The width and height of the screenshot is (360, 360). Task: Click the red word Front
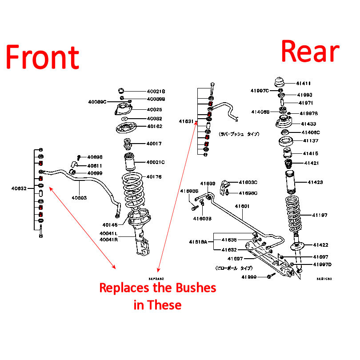tap(43, 58)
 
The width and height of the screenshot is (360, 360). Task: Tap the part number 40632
tap(19, 188)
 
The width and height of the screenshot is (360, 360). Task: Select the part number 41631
tap(186, 121)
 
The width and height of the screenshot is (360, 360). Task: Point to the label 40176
tap(156, 177)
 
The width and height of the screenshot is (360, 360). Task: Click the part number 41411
tap(304, 83)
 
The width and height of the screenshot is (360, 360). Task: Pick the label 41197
tap(320, 215)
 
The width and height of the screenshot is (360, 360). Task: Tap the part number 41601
tap(242, 206)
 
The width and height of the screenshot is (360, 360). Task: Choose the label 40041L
tap(108, 233)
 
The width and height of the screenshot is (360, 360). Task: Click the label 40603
tap(80, 198)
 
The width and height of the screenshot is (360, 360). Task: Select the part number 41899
tap(249, 277)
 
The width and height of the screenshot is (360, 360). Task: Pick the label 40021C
tap(156, 162)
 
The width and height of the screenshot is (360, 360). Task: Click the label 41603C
tap(248, 182)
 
